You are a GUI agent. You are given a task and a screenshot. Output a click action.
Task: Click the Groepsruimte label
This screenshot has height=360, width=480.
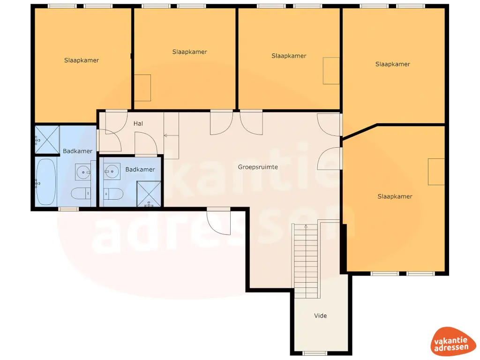[x=258, y=167]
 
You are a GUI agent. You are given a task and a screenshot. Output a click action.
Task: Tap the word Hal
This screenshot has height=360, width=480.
[x=138, y=124]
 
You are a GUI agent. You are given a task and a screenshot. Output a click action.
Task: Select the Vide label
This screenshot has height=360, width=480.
[x=320, y=316]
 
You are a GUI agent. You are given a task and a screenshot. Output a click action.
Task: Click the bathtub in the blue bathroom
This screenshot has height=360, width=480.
[x=46, y=182]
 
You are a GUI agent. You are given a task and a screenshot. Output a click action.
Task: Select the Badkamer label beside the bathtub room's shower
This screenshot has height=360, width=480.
[x=78, y=151]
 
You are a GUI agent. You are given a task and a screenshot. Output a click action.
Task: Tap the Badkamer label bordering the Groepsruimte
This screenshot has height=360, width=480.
[x=140, y=170]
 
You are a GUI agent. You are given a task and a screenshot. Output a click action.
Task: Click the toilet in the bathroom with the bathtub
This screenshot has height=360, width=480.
[x=81, y=193]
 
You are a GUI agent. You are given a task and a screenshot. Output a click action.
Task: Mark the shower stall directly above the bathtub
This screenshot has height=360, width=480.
[x=47, y=140]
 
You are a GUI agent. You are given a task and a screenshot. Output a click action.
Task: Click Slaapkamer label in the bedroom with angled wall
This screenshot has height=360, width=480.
[x=395, y=196]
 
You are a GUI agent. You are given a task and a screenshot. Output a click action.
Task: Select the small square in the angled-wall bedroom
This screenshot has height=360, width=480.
[x=436, y=172]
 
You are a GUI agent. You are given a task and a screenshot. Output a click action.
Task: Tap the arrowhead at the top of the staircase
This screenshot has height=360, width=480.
[x=306, y=226]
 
